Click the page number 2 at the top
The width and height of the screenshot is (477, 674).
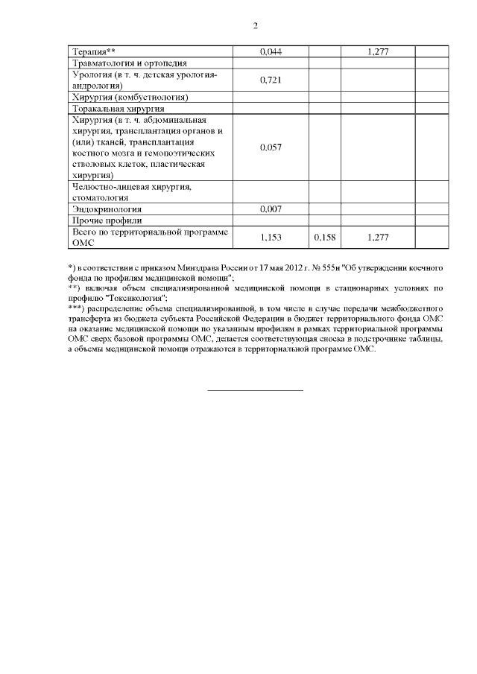pos(255,26)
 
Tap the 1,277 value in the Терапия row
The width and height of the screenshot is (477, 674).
pos(379,51)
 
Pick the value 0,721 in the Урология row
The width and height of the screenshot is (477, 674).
pos(271,80)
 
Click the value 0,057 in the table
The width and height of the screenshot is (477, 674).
pos(271,147)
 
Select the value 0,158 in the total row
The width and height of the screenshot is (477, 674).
pos(325,237)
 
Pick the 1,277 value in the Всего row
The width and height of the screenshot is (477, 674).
pos(379,237)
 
